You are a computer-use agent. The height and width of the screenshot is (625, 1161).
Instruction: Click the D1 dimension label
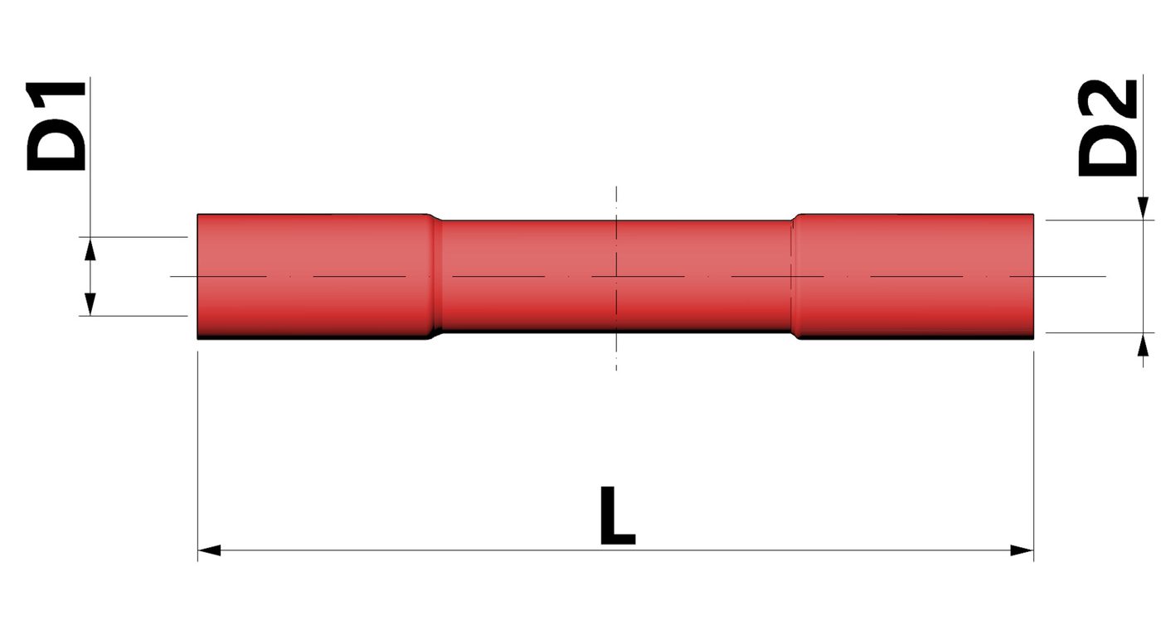click(56, 125)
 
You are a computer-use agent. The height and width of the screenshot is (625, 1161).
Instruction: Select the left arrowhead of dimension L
click(208, 550)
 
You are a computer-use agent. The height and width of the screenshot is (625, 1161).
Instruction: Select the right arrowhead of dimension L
click(1023, 550)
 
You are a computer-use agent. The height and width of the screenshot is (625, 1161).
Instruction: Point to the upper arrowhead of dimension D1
click(90, 247)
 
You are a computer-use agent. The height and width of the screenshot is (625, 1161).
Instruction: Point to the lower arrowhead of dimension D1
click(90, 304)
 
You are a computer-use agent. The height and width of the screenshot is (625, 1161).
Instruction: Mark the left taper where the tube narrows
click(434, 276)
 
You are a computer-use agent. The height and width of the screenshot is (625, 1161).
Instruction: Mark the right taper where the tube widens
click(795, 276)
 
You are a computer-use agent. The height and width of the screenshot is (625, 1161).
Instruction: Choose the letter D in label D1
click(56, 148)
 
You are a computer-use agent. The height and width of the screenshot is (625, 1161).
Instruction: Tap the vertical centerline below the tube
click(616, 352)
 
